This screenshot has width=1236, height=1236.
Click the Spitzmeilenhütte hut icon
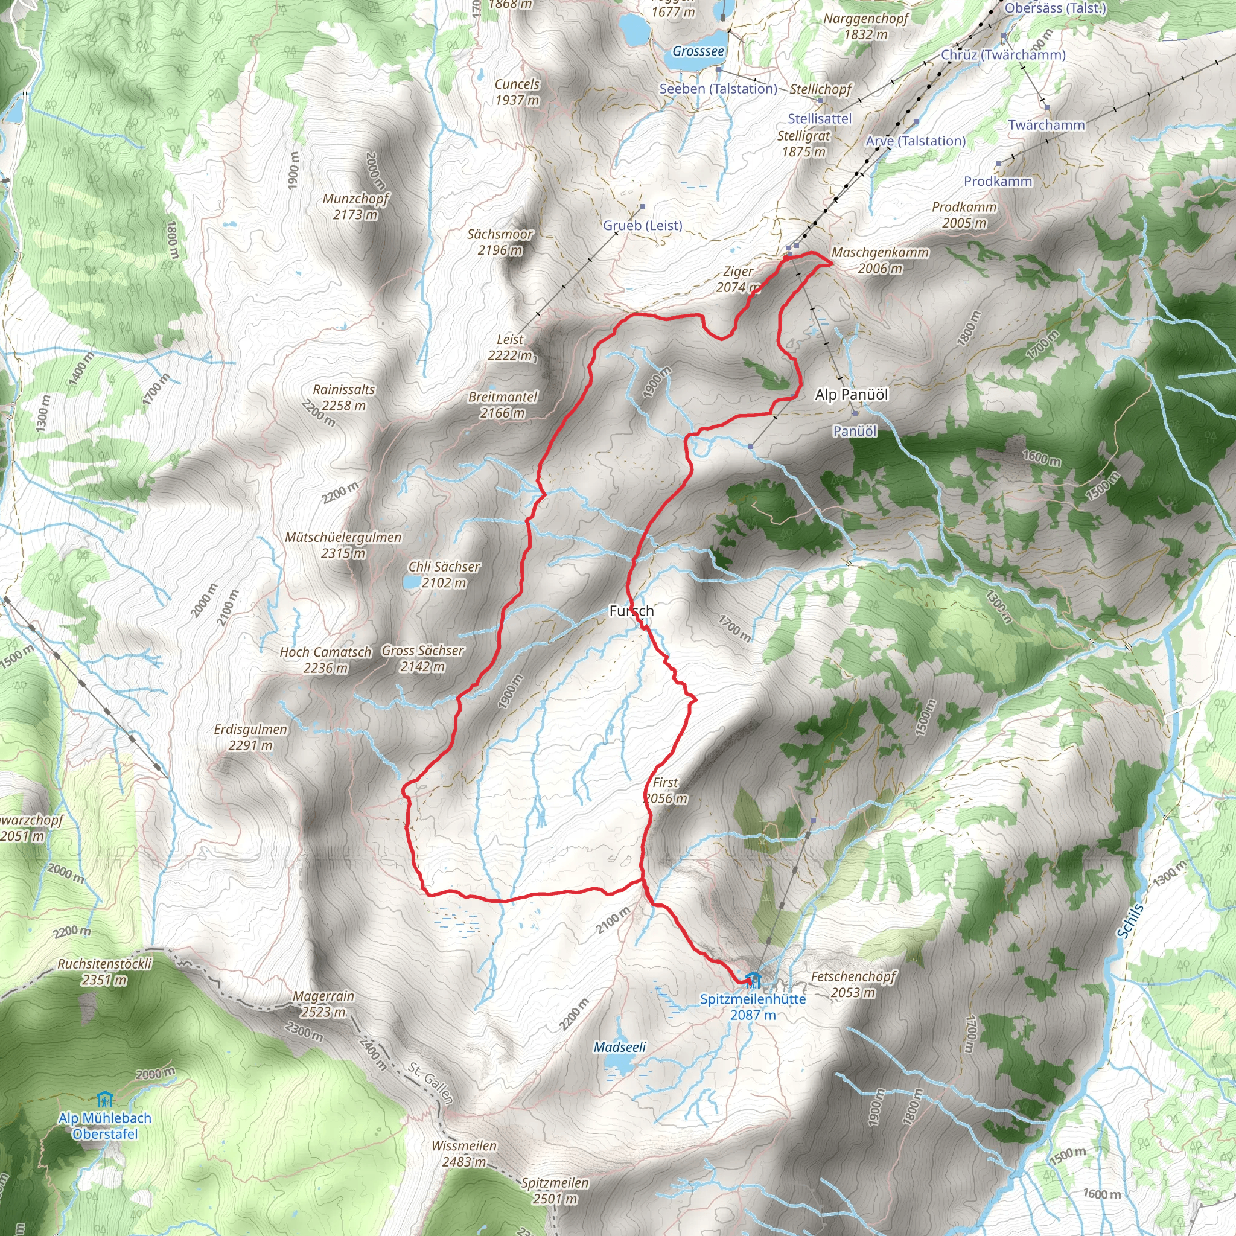(754, 980)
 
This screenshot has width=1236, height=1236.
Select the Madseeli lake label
(619, 1047)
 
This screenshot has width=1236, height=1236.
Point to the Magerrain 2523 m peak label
(323, 1004)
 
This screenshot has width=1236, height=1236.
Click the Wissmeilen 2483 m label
(464, 1153)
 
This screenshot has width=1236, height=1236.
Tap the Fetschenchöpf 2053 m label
(853, 984)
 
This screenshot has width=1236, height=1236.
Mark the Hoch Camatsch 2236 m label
(326, 660)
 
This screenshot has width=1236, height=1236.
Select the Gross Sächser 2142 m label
(422, 658)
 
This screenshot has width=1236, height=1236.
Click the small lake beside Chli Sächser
(411, 582)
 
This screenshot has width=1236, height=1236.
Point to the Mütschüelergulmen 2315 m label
(343, 545)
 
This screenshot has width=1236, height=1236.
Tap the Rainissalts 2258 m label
(343, 397)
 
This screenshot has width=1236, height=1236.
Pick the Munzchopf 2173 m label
(355, 206)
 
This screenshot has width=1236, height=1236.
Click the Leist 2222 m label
(509, 348)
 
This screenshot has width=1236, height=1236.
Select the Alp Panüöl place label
(852, 395)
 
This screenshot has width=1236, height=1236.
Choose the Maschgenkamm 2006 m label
(881, 260)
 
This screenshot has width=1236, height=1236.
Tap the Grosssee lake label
(698, 51)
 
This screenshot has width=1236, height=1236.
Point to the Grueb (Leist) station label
(642, 225)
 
